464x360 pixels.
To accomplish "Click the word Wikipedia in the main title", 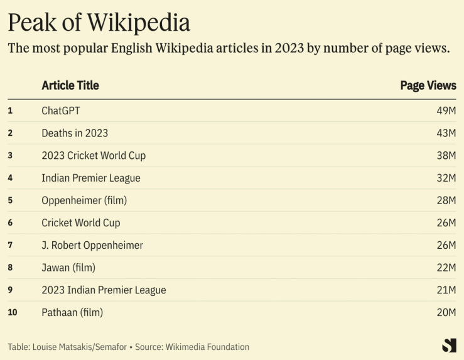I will coord(138,23).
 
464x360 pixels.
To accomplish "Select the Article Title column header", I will coord(70,85).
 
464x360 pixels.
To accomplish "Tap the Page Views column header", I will coord(428,85).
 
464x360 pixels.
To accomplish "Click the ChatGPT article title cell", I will coord(61,111).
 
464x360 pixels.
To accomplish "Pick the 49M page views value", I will coord(446,111).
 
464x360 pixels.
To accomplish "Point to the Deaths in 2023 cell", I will coord(75,133).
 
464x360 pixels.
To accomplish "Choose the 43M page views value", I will coord(446,133).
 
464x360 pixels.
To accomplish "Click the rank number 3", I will coord(10,155).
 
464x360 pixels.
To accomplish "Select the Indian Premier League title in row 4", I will coord(91,178).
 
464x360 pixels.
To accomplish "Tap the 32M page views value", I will coord(446,178).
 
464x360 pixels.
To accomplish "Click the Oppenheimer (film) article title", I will coord(84,200).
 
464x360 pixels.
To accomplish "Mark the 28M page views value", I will coord(446,200).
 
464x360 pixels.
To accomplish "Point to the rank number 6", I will coord(10,222).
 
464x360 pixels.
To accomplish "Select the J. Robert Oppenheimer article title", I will coord(92,245).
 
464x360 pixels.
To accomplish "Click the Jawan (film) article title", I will coord(68,268).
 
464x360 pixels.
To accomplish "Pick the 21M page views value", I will coord(446,290).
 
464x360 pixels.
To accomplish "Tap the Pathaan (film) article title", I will coord(72,312).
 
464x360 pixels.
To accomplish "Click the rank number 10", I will coord(12,312).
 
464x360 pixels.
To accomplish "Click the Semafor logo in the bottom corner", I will coord(448,345).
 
